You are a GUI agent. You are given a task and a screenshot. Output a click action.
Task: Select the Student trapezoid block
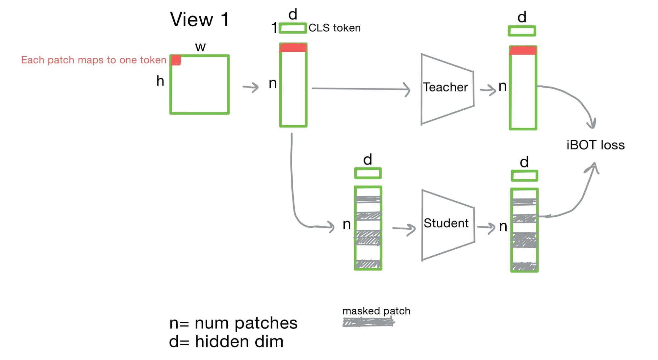pyautogui.click(x=447, y=224)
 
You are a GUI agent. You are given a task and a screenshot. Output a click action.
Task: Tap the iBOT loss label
pyautogui.click(x=595, y=145)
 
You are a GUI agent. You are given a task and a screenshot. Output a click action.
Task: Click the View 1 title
pyautogui.click(x=199, y=19)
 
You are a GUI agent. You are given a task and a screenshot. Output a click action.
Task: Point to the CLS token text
pyautogui.click(x=334, y=28)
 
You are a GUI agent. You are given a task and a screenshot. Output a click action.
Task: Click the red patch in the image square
pyautogui.click(x=176, y=60)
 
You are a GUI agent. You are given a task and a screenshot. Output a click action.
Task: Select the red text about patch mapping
pyautogui.click(x=94, y=60)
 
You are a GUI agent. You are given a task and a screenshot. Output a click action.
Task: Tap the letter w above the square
pyautogui.click(x=200, y=47)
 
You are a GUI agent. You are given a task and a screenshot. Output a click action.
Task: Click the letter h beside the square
pyautogui.click(x=160, y=81)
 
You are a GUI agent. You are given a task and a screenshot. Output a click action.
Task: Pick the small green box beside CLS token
pyautogui.click(x=293, y=28)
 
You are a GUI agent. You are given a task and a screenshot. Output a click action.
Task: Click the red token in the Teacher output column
pyautogui.click(x=523, y=51)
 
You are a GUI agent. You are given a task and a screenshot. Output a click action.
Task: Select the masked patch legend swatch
pyautogui.click(x=368, y=322)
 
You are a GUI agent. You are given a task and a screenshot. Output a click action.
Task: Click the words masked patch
pyautogui.click(x=376, y=311)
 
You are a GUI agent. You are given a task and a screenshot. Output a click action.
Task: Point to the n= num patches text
pyautogui.click(x=233, y=323)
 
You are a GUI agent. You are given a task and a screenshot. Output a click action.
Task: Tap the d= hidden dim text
pyautogui.click(x=226, y=342)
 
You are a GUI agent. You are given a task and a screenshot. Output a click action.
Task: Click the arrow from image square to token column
pyautogui.click(x=251, y=87)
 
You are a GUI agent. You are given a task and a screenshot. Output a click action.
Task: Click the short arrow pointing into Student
pyautogui.click(x=404, y=228)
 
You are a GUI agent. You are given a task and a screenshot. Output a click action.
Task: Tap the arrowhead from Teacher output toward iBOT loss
pyautogui.click(x=591, y=124)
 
